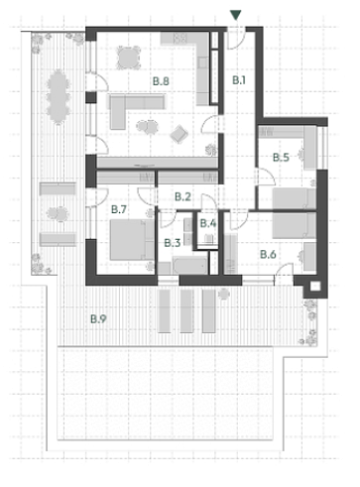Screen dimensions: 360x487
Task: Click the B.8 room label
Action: (x=161, y=81)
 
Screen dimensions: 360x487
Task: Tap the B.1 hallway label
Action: (x=239, y=80)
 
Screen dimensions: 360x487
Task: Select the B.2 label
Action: (x=182, y=197)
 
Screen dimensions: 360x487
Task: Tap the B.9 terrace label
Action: (x=98, y=319)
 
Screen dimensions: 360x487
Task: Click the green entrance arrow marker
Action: (x=236, y=15)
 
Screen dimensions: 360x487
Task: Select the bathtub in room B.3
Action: (x=189, y=266)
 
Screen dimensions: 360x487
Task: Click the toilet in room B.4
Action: (x=208, y=238)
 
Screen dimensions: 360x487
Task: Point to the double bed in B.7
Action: (x=132, y=240)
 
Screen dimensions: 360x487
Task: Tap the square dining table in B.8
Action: (x=129, y=58)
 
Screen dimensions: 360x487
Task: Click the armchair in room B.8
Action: (x=179, y=134)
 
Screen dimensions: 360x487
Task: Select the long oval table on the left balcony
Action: (x=59, y=96)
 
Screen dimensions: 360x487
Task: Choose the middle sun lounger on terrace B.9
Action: (x=186, y=311)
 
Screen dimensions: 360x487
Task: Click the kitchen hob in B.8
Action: (x=180, y=39)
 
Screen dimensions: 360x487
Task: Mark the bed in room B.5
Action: (x=294, y=199)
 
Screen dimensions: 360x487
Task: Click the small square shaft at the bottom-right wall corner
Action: (x=315, y=287)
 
